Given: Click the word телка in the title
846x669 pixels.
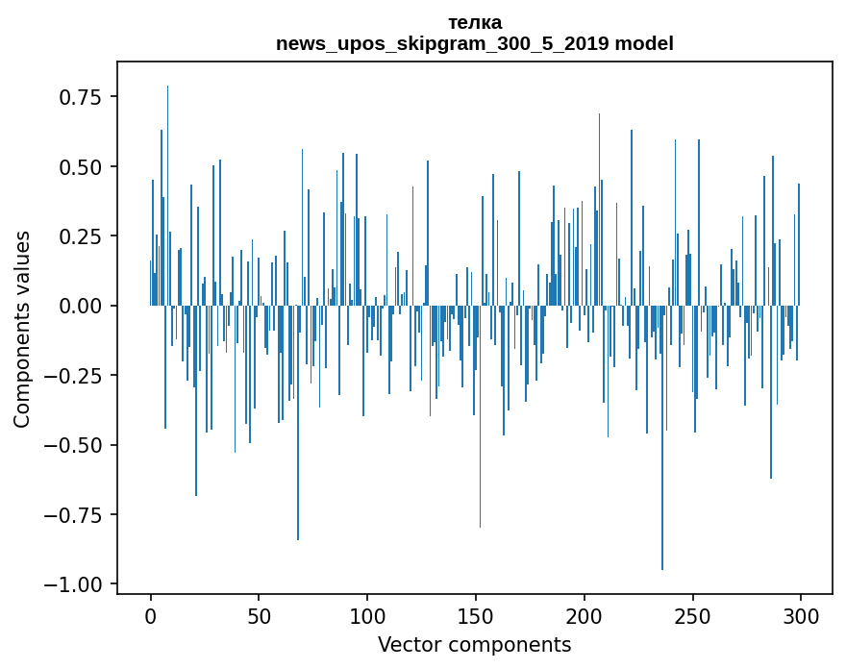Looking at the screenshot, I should (x=475, y=22).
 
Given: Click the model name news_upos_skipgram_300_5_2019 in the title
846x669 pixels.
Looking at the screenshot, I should (x=441, y=43).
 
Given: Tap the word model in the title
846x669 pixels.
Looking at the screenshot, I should (x=644, y=43).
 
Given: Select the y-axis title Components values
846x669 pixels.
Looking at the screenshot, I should (x=22, y=329).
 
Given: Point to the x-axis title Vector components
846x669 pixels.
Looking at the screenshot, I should (x=475, y=644).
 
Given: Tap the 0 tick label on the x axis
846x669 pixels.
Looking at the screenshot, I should (x=151, y=617).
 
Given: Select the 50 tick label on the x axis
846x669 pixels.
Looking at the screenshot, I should (x=259, y=617).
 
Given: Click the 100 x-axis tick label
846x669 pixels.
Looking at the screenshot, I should (x=367, y=617).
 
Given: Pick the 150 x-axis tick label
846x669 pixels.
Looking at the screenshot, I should (x=476, y=617).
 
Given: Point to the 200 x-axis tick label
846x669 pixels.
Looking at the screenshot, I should (x=585, y=617).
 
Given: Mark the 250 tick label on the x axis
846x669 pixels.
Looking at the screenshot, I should (x=692, y=617).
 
